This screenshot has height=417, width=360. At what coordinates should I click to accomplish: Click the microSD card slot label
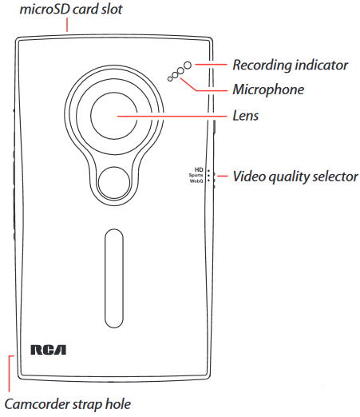[x=71, y=9]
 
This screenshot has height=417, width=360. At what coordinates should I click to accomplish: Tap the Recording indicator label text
[x=291, y=65]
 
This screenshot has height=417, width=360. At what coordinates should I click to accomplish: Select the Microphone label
[x=268, y=89]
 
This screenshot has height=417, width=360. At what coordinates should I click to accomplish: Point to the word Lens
[x=246, y=116]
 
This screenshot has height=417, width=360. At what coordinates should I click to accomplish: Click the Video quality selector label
[x=295, y=177]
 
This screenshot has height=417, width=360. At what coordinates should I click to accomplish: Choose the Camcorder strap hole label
[x=68, y=404]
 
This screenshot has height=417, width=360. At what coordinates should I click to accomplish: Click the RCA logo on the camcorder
[x=49, y=350]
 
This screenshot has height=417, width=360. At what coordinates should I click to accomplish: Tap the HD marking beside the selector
[x=199, y=169]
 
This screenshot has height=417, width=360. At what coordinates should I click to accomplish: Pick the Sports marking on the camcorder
[x=196, y=175]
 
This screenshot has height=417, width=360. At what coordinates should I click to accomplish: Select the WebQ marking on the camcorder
[x=196, y=181]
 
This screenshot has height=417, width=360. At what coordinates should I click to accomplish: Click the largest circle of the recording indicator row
[x=188, y=66]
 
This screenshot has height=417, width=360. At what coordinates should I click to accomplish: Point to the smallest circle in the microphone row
[x=170, y=79]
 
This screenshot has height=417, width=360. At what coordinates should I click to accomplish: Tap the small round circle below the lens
[x=114, y=183]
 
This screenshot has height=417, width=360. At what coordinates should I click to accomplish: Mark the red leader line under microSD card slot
[x=67, y=25]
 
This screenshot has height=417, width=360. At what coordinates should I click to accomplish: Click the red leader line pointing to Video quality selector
[x=223, y=176]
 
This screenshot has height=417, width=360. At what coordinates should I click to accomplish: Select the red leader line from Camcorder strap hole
[x=10, y=373]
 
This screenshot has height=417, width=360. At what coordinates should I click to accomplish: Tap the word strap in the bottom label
[x=89, y=405]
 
